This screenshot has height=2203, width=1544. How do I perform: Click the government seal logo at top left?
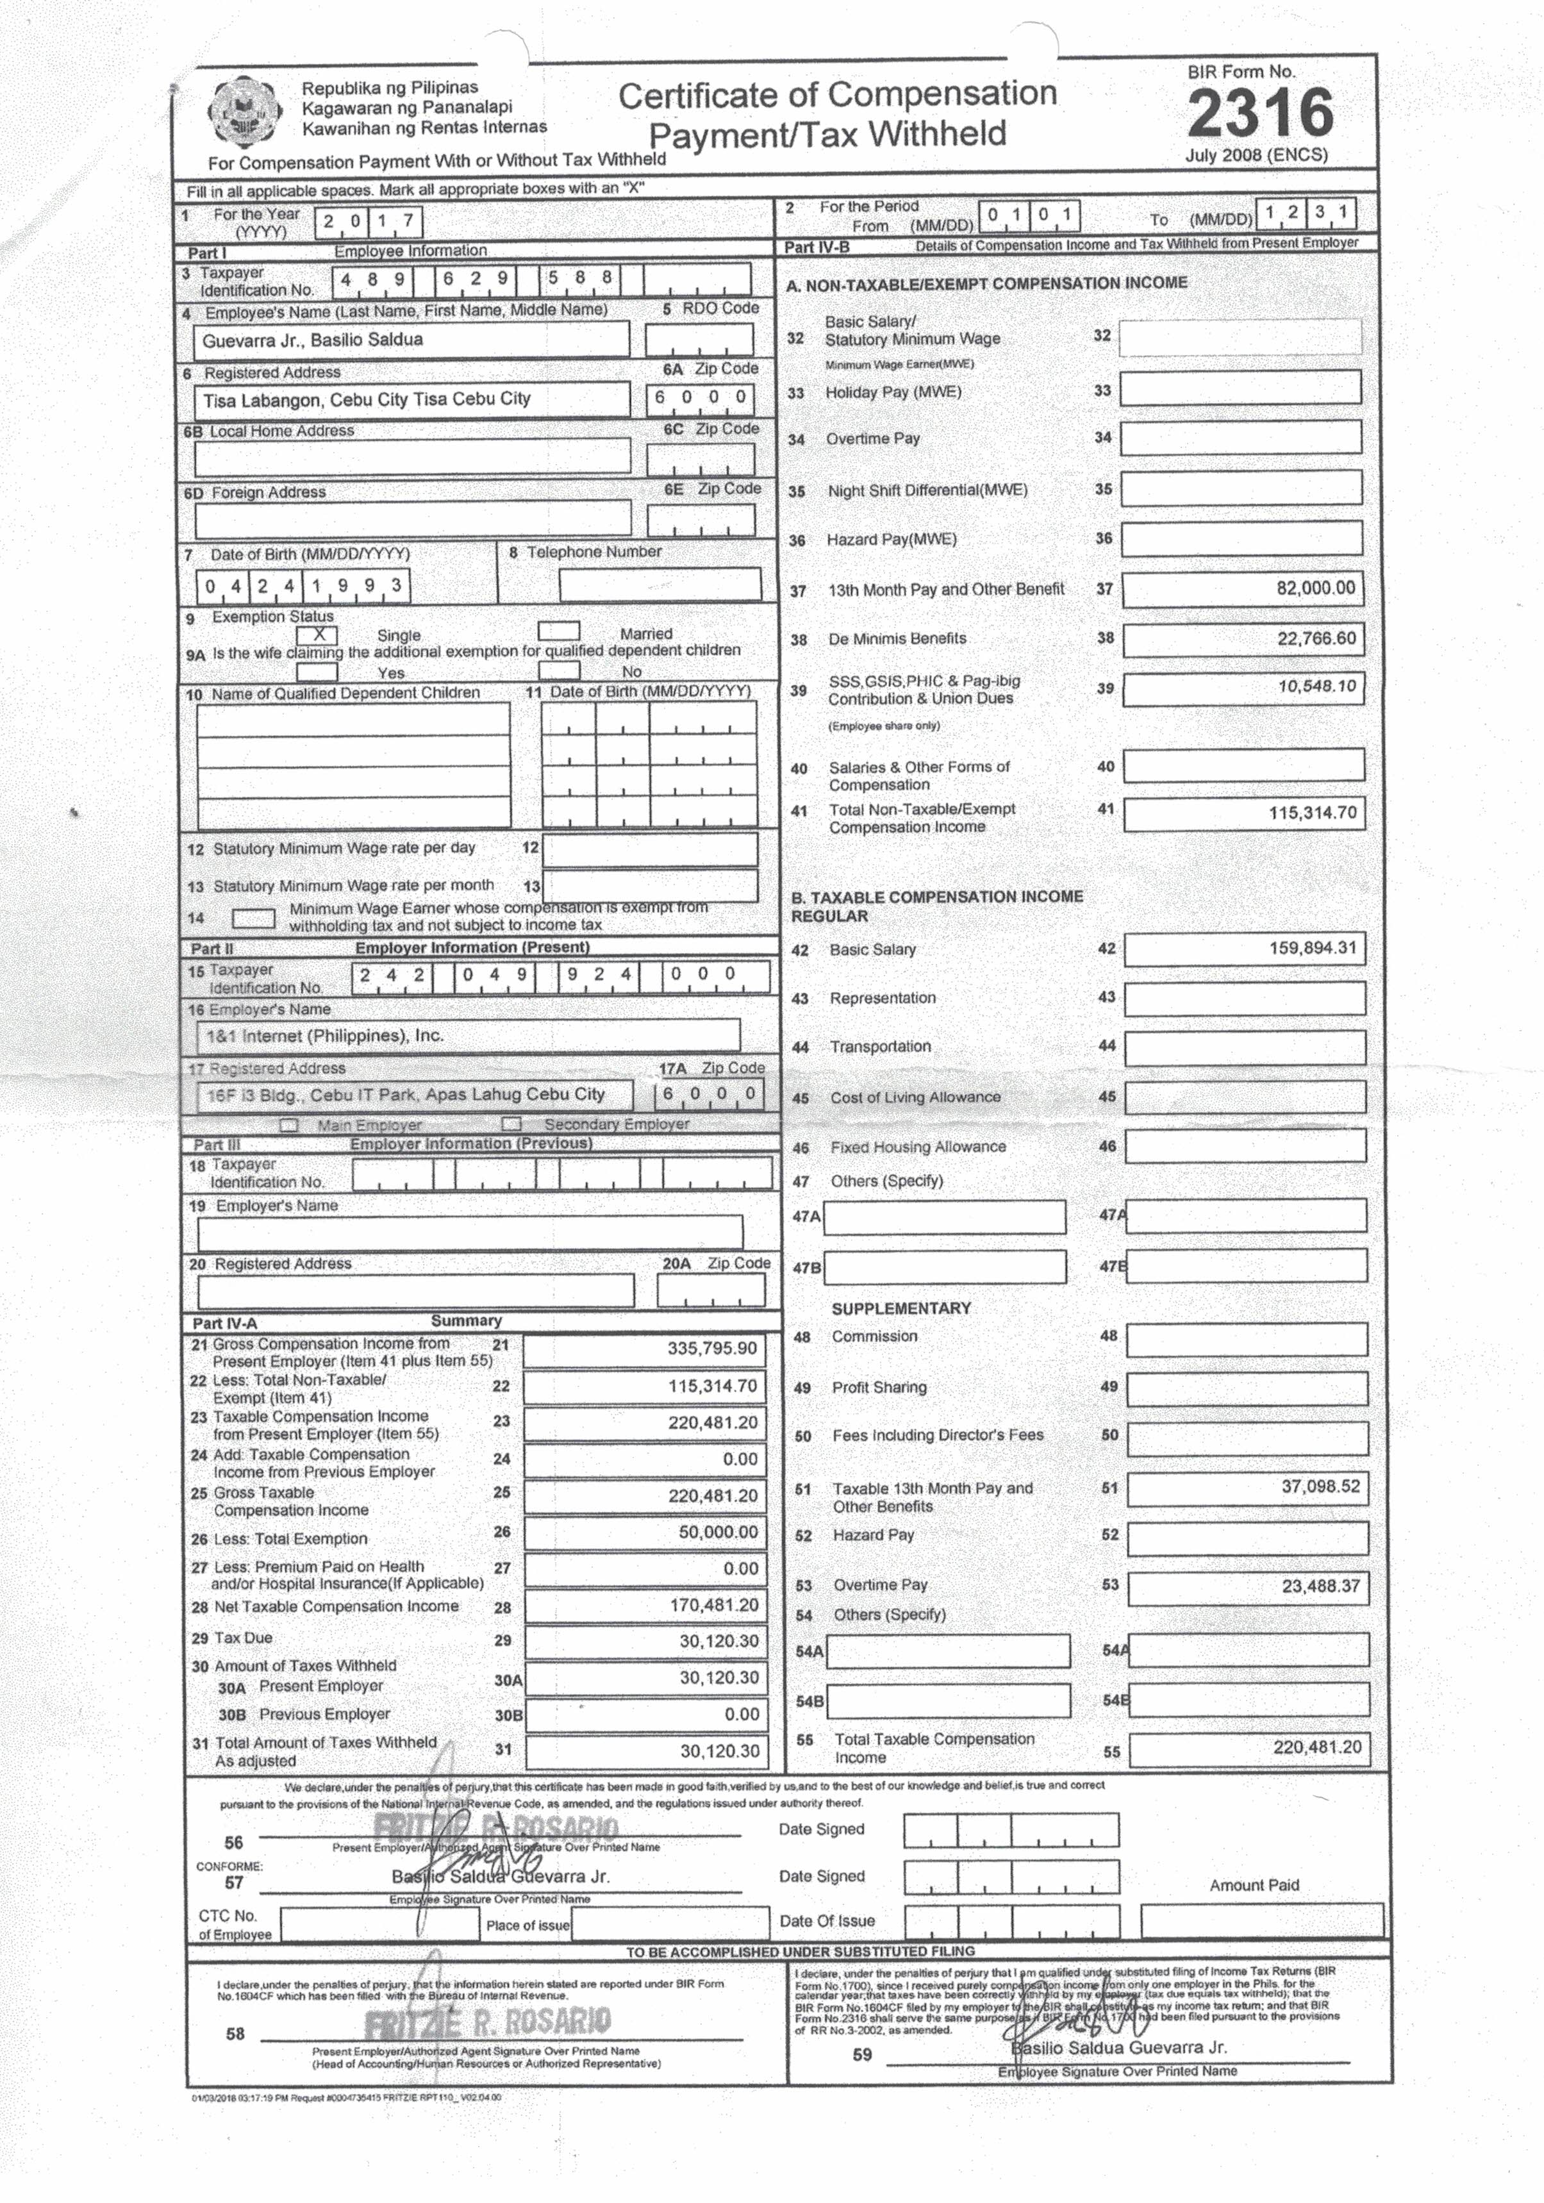tap(245, 112)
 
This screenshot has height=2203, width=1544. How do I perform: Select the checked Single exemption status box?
tap(318, 634)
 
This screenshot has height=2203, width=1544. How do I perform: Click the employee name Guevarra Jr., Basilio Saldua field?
tap(411, 340)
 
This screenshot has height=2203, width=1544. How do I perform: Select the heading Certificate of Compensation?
tap(837, 95)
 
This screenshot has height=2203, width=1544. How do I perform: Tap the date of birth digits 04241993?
tap(303, 585)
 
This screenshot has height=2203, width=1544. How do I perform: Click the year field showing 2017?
tap(367, 222)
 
